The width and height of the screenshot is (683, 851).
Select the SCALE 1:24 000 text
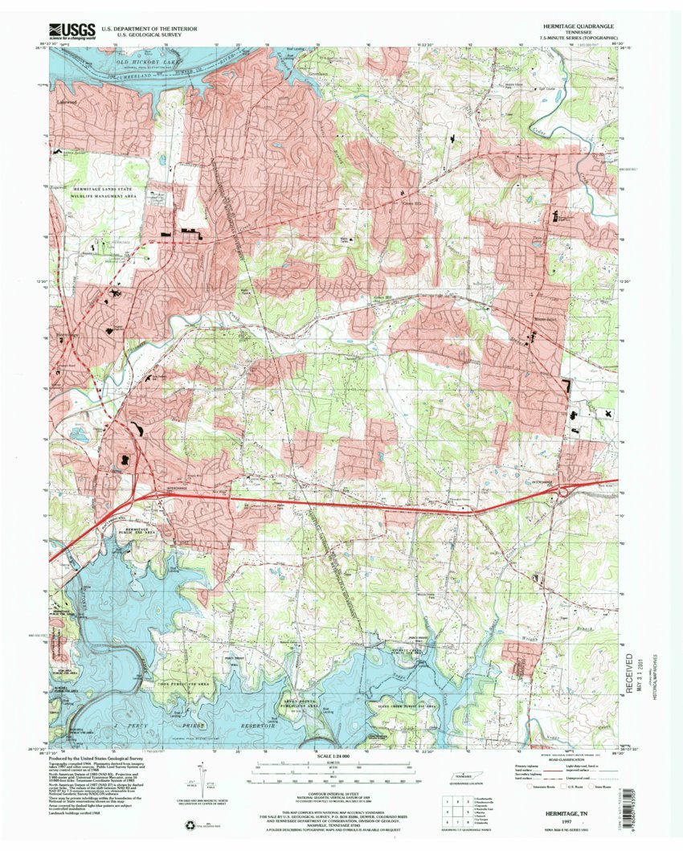(x=341, y=758)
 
